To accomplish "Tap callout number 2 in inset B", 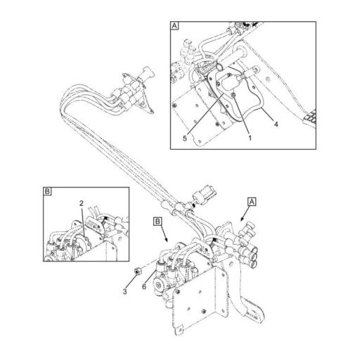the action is (x=82, y=204).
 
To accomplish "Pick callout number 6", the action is (x=144, y=285).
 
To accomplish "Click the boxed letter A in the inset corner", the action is (x=175, y=27).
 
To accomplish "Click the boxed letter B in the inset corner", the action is (x=46, y=191).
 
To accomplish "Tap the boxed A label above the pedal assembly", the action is (x=250, y=201).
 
